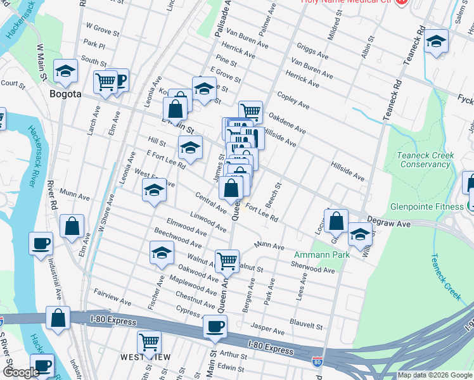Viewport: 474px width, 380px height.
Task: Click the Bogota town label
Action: click(x=65, y=94)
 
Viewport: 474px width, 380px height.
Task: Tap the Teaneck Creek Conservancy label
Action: click(x=425, y=160)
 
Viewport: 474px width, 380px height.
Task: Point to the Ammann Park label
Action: click(x=313, y=255)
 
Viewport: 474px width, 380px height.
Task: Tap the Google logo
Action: click(x=20, y=372)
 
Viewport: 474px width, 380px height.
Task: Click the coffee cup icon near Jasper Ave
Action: click(x=215, y=326)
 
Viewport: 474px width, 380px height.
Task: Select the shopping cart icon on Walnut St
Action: click(x=226, y=260)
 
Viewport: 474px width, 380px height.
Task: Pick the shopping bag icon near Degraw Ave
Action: click(x=336, y=220)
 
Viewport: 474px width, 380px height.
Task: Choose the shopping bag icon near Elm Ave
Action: click(x=73, y=226)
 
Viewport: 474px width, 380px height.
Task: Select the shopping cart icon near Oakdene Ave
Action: click(x=251, y=112)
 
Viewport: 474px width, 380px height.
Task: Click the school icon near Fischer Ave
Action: click(x=162, y=253)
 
